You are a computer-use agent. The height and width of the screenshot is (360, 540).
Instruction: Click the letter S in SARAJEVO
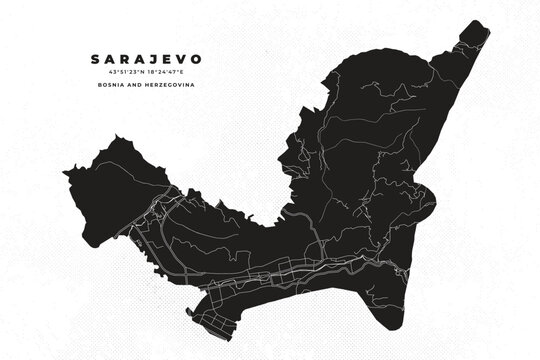94,59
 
